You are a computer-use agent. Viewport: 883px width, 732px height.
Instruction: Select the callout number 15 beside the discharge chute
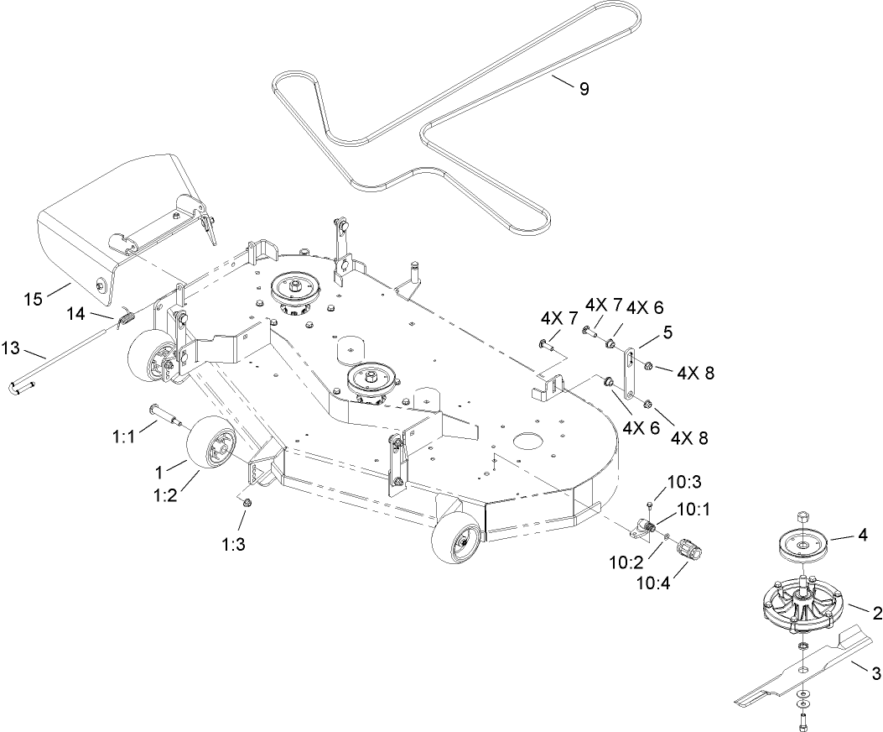click(33, 299)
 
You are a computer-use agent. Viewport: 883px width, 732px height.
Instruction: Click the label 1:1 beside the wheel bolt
click(123, 437)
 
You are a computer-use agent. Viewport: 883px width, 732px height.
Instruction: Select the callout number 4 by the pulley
click(862, 534)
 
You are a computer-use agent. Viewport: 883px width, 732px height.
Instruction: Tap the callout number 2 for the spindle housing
click(877, 614)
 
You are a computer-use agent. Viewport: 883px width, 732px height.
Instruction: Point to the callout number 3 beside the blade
click(876, 672)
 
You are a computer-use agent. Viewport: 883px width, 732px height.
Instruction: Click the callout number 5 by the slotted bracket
click(667, 332)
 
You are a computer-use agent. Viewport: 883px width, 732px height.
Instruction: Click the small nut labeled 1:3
click(247, 502)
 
